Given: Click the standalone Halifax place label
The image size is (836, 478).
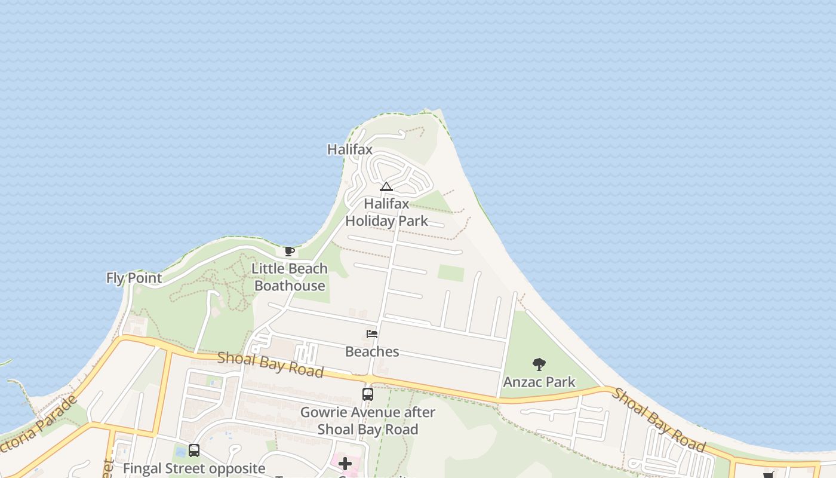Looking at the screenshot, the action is tap(350, 149).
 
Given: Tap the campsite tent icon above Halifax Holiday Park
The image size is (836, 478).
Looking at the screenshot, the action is tap(386, 187).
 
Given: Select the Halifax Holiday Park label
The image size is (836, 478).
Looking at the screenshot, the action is tap(387, 212).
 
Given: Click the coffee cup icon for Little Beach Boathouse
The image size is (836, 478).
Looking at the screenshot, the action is tap(290, 251).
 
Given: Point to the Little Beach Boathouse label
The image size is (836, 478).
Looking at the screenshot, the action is tap(290, 277).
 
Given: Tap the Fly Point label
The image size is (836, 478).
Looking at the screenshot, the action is tap(134, 278).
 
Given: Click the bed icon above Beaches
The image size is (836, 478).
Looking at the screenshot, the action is tap(372, 334).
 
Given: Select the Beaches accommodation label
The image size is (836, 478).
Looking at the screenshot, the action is tap(372, 351).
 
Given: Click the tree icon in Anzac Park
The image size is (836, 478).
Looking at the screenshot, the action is tap(539, 364).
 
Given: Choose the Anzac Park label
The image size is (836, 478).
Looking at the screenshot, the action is tap(539, 382).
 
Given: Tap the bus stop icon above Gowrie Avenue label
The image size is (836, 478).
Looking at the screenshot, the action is tap(368, 394).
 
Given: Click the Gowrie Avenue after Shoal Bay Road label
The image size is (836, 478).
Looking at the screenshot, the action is tap(368, 421).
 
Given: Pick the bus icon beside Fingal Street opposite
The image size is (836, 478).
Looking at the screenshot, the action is tap(194, 451).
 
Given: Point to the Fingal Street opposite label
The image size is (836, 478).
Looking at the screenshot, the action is tap(194, 468).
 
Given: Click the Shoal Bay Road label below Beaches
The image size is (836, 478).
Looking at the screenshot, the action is tap(270, 364).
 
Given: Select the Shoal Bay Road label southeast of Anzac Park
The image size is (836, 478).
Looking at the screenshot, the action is tap(659, 420).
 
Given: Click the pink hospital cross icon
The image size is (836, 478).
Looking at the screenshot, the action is tap(345, 464).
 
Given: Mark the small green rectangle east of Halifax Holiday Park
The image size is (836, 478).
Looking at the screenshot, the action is tap(451, 273).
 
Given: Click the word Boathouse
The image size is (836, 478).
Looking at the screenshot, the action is tap(290, 286).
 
